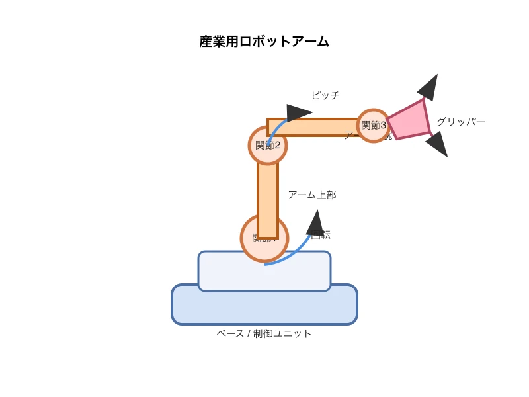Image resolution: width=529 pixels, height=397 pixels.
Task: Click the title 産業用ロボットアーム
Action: click(x=264, y=42)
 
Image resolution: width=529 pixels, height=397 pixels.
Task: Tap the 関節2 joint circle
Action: click(x=268, y=145)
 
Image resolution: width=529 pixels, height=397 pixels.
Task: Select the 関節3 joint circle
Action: click(x=374, y=125)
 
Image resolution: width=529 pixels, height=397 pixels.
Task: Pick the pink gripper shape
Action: click(x=409, y=120)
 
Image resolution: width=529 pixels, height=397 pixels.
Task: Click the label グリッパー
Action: click(x=461, y=122)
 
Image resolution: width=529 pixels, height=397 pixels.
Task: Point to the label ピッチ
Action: click(x=325, y=95)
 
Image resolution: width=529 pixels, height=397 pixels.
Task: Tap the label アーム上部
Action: click(x=312, y=195)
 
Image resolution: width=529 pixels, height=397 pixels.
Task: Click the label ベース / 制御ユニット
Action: click(x=264, y=333)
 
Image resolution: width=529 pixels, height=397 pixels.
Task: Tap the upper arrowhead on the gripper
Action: click(x=428, y=87)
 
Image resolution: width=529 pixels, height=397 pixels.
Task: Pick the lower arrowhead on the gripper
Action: click(x=438, y=144)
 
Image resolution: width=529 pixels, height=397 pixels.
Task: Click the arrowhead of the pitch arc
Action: click(x=298, y=112)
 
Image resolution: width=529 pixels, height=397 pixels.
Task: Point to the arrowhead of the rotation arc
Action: click(x=315, y=222)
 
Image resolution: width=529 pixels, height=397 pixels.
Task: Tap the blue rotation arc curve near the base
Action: click(x=291, y=255)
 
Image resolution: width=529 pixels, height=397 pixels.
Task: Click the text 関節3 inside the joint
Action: click(x=374, y=125)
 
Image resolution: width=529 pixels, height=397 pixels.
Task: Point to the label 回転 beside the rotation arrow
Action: click(x=322, y=234)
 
